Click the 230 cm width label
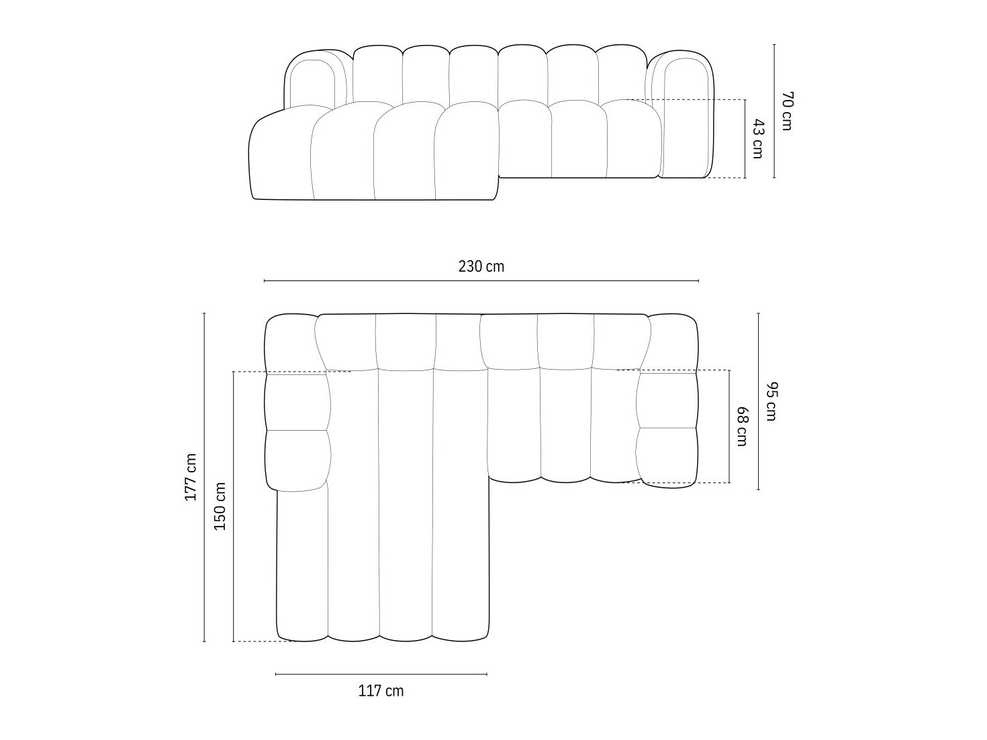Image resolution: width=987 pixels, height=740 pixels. click(x=481, y=266)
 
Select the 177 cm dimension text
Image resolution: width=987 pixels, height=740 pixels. click(x=191, y=477)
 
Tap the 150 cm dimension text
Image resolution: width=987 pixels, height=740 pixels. click(x=220, y=506)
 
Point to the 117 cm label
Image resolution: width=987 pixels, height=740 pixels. click(x=381, y=690)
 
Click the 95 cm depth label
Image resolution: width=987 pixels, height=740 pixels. click(x=771, y=401)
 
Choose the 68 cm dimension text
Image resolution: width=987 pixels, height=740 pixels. click(x=741, y=426)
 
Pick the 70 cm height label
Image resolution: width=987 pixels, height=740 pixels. click(x=787, y=111)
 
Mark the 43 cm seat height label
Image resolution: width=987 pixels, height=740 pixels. click(x=757, y=138)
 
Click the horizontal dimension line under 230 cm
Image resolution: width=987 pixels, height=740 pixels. click(x=481, y=280)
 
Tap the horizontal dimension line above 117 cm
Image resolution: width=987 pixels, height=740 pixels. click(x=381, y=674)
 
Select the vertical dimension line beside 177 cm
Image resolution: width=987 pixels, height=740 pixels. click(x=205, y=477)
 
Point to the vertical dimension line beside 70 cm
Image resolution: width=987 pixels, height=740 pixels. click(x=774, y=111)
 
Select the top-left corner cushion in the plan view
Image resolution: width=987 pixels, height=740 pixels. click(x=290, y=342)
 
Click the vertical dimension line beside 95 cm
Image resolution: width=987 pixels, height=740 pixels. click(x=759, y=401)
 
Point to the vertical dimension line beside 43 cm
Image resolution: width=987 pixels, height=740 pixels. click(x=745, y=138)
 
